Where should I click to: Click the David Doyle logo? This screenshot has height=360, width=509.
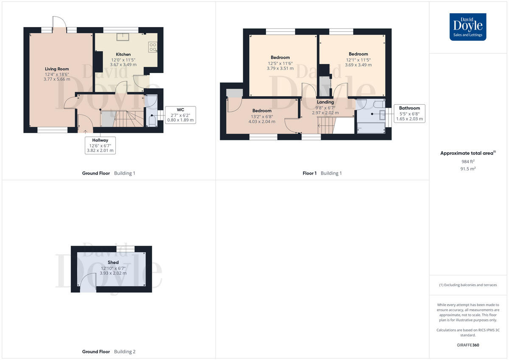click(468, 27)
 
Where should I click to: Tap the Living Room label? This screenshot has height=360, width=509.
click(57, 69)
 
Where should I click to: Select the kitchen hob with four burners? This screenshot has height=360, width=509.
click(153, 47)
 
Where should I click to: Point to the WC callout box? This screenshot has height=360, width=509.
click(180, 115)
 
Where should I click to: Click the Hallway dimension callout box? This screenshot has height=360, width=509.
click(100, 145)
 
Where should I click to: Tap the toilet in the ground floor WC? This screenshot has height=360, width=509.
click(152, 120)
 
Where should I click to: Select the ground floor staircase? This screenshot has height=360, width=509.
click(123, 119)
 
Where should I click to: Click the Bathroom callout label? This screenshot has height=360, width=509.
click(409, 114)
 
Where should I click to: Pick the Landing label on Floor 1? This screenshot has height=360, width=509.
click(325, 102)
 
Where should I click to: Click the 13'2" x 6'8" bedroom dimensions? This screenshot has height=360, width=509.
click(262, 116)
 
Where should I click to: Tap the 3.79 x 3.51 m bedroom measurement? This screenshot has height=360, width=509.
click(280, 68)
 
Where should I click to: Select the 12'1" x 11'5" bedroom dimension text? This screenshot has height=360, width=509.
click(358, 60)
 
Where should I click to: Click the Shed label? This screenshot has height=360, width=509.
click(113, 262)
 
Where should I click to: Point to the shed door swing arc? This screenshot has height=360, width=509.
click(88, 281)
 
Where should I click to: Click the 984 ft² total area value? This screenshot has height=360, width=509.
click(467, 162)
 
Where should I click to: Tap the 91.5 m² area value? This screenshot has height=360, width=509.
click(467, 169)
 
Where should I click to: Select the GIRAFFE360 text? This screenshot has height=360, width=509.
click(467, 345)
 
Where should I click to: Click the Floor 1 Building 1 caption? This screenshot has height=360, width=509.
click(322, 173)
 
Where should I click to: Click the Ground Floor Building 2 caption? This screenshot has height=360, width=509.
click(109, 352)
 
